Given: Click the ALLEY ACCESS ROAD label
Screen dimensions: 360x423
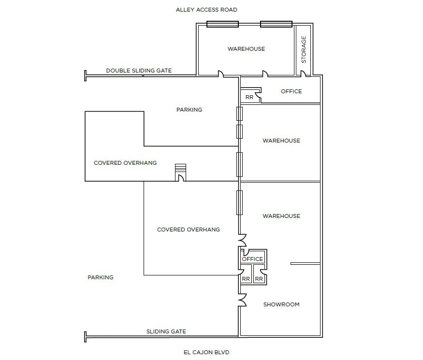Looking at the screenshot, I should (x=206, y=10).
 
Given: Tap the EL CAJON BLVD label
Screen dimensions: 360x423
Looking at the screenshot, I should (x=206, y=352).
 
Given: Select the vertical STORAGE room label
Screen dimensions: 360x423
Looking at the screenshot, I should (x=304, y=50).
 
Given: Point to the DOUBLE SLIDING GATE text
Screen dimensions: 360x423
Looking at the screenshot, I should (x=139, y=71).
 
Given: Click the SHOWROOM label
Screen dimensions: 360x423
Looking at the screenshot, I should (x=281, y=304).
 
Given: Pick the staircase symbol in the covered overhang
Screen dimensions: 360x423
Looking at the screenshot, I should (x=180, y=169).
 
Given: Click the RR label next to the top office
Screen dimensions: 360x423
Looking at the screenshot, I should (x=249, y=97).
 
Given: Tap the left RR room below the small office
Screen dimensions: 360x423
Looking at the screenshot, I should (x=246, y=279).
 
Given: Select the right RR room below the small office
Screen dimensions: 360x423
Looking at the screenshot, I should (x=259, y=279).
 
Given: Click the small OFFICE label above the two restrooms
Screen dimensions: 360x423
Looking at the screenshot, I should (x=252, y=259).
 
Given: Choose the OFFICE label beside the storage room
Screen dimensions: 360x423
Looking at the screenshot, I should (x=291, y=91).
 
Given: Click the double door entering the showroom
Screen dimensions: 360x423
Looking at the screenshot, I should (x=243, y=300).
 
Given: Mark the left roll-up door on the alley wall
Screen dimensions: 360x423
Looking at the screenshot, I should (x=222, y=24).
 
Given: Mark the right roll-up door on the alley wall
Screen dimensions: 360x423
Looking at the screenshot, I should (x=276, y=24).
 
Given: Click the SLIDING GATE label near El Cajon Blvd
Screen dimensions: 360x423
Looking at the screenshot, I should (x=166, y=331).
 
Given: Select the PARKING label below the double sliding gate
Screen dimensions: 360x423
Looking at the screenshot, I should (x=189, y=110).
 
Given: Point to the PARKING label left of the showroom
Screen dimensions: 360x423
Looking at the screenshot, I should (x=101, y=277).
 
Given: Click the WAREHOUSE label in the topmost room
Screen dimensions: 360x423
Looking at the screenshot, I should (x=246, y=49).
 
